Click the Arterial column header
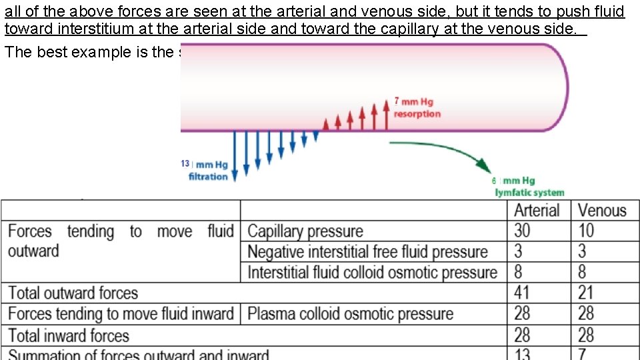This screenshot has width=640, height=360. pos(537,211)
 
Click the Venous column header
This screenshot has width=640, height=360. pos(602,211)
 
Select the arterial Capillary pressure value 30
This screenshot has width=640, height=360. pos(523,231)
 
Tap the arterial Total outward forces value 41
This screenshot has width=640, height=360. pos(523,293)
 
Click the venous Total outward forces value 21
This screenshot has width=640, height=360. pos(586,293)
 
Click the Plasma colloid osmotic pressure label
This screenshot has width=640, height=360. pos(350,313)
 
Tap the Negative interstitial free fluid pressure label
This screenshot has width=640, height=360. pos(367,252)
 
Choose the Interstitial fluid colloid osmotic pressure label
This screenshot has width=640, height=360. pos(372,273)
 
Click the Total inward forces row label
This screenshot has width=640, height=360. pos(69,335)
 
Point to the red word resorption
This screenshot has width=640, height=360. pos(417,114)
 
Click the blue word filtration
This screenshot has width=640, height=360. pos(208,177)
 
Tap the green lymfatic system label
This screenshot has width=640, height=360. pos(529,193)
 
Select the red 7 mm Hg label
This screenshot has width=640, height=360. pos(413,101)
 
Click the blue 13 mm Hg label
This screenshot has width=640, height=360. pos(204,164)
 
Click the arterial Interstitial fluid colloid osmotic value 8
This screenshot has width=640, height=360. pos(519,273)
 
